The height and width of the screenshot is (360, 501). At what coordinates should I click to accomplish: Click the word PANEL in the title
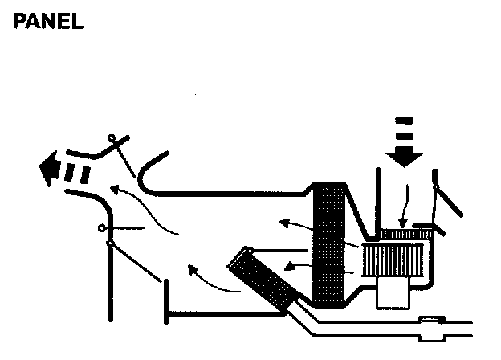tap(48, 22)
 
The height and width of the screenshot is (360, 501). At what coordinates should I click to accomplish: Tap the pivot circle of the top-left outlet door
tap(113, 137)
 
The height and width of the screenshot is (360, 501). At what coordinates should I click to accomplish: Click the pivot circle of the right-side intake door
tap(436, 186)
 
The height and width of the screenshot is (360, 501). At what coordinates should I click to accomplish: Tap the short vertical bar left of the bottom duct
tap(166, 301)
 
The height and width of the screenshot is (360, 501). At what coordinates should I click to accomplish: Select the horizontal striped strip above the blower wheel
tap(406, 234)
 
